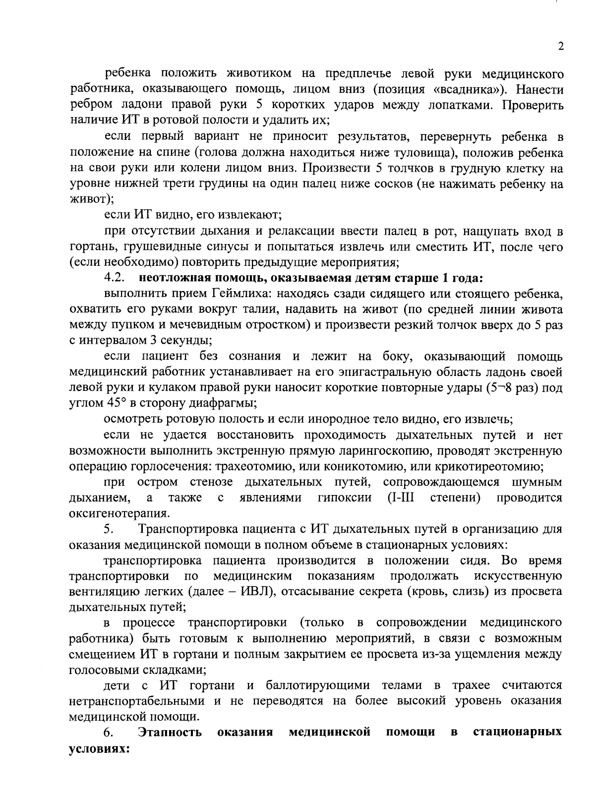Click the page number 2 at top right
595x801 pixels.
point(561,47)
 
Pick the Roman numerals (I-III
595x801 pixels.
point(400,497)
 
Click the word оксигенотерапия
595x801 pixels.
point(119,513)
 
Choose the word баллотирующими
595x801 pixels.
point(318,685)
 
